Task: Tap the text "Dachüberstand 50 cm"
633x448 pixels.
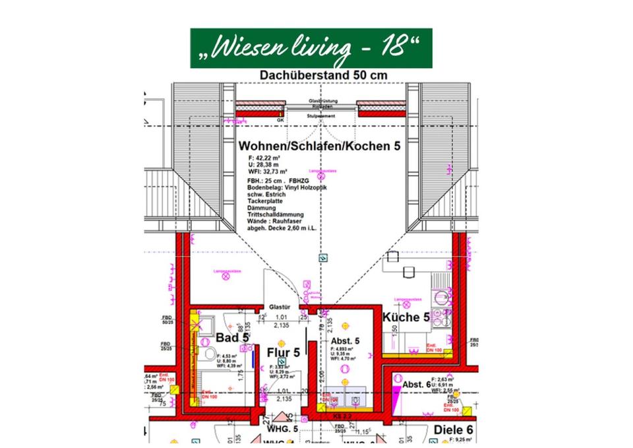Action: point(323,75)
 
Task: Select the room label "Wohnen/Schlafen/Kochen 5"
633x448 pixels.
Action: point(319,146)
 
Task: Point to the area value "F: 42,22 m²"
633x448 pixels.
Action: point(264,159)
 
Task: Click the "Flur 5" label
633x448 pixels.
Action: point(284,352)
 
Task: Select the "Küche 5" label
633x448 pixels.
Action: point(406,317)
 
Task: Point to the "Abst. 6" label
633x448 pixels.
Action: point(417,385)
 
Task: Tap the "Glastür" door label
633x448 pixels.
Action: point(280,306)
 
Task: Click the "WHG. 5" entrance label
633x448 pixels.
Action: point(283,430)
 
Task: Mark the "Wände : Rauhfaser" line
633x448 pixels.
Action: point(276,222)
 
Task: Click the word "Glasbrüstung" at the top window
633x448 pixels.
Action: point(322,100)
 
